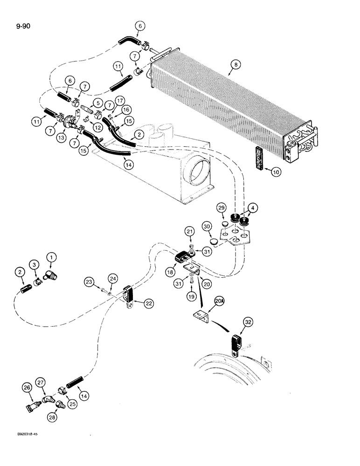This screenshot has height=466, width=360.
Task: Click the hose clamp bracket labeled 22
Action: coord(129,302)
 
